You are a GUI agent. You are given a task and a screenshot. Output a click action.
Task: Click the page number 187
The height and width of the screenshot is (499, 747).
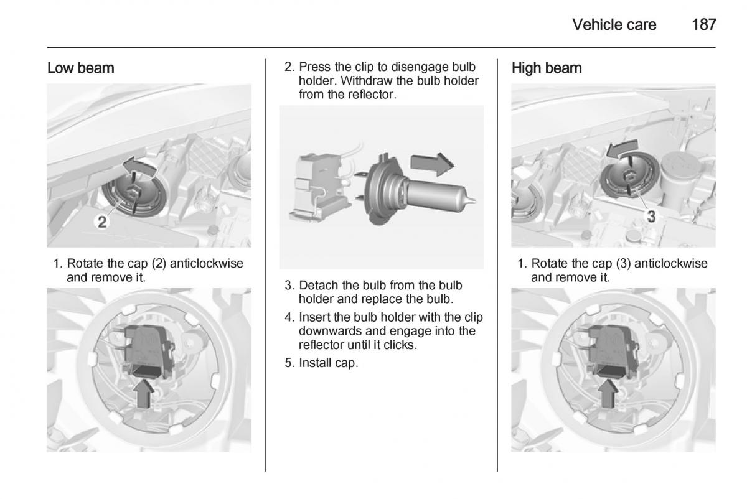703,25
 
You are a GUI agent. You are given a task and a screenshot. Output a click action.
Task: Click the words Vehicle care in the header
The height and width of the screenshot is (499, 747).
614,25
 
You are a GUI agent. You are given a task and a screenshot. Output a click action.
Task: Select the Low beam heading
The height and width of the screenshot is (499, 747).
81,68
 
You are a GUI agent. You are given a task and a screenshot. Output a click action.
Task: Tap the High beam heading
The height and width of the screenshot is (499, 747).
547,68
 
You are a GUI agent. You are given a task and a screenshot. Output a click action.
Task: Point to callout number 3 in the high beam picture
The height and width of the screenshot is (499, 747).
651,217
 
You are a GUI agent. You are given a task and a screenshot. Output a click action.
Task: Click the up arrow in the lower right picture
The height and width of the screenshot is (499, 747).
608,393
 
